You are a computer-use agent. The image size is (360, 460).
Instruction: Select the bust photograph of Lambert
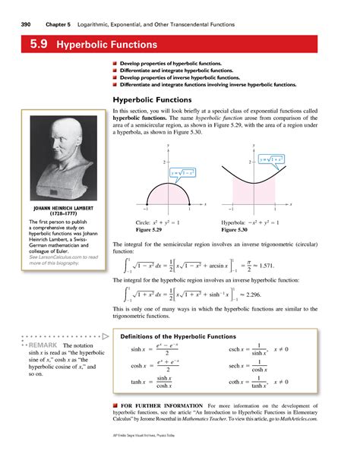point(56,152)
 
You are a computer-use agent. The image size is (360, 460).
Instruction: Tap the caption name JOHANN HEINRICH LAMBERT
point(56,206)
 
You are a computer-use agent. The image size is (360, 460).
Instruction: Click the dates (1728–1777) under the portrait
point(56,213)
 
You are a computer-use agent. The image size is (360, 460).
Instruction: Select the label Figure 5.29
point(136,229)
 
